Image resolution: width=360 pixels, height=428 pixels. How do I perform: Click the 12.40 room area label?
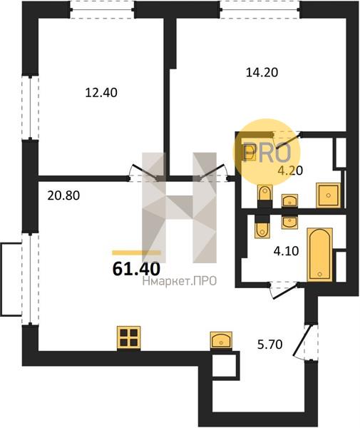101,93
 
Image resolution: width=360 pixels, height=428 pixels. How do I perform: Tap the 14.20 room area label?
262,72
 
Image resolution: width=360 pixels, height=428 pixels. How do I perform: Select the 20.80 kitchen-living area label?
63,195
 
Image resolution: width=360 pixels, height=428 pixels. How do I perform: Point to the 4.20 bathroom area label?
290,170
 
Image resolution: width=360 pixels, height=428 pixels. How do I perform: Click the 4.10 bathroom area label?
287,251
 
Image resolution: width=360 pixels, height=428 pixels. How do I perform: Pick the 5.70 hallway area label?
270,345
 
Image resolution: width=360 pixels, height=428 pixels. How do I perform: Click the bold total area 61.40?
136,269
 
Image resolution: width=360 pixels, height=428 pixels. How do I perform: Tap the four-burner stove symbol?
129,338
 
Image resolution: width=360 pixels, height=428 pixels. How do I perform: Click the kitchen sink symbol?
221,340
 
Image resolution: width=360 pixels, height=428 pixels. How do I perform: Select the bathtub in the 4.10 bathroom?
319,255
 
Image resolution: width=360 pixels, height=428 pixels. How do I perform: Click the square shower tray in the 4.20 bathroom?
329,195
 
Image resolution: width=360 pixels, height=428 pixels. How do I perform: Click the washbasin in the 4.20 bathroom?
289,201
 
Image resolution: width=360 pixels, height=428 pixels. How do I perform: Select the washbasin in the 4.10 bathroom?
289,222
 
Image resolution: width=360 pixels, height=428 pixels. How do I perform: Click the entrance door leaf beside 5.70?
302,340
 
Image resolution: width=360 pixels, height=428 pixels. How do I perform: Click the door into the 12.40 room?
145,172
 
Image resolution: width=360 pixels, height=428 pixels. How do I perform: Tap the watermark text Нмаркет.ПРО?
180,281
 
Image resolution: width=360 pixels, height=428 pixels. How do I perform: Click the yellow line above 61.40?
136,253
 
